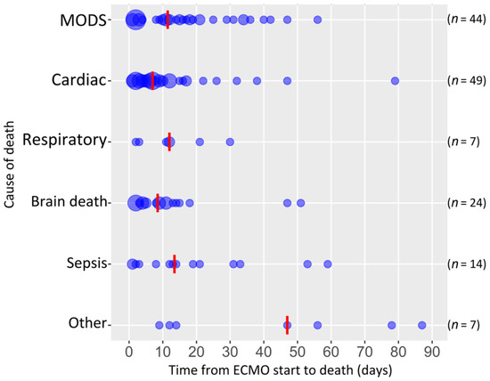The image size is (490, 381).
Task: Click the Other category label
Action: click(86, 324)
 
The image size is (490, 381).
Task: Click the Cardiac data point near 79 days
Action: click(395, 81)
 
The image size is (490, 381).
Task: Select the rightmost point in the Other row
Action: click(421, 325)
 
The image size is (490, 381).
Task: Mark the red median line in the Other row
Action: click(287, 325)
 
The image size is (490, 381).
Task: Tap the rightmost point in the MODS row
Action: click(318, 20)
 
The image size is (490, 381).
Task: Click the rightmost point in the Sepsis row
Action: click(328, 263)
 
